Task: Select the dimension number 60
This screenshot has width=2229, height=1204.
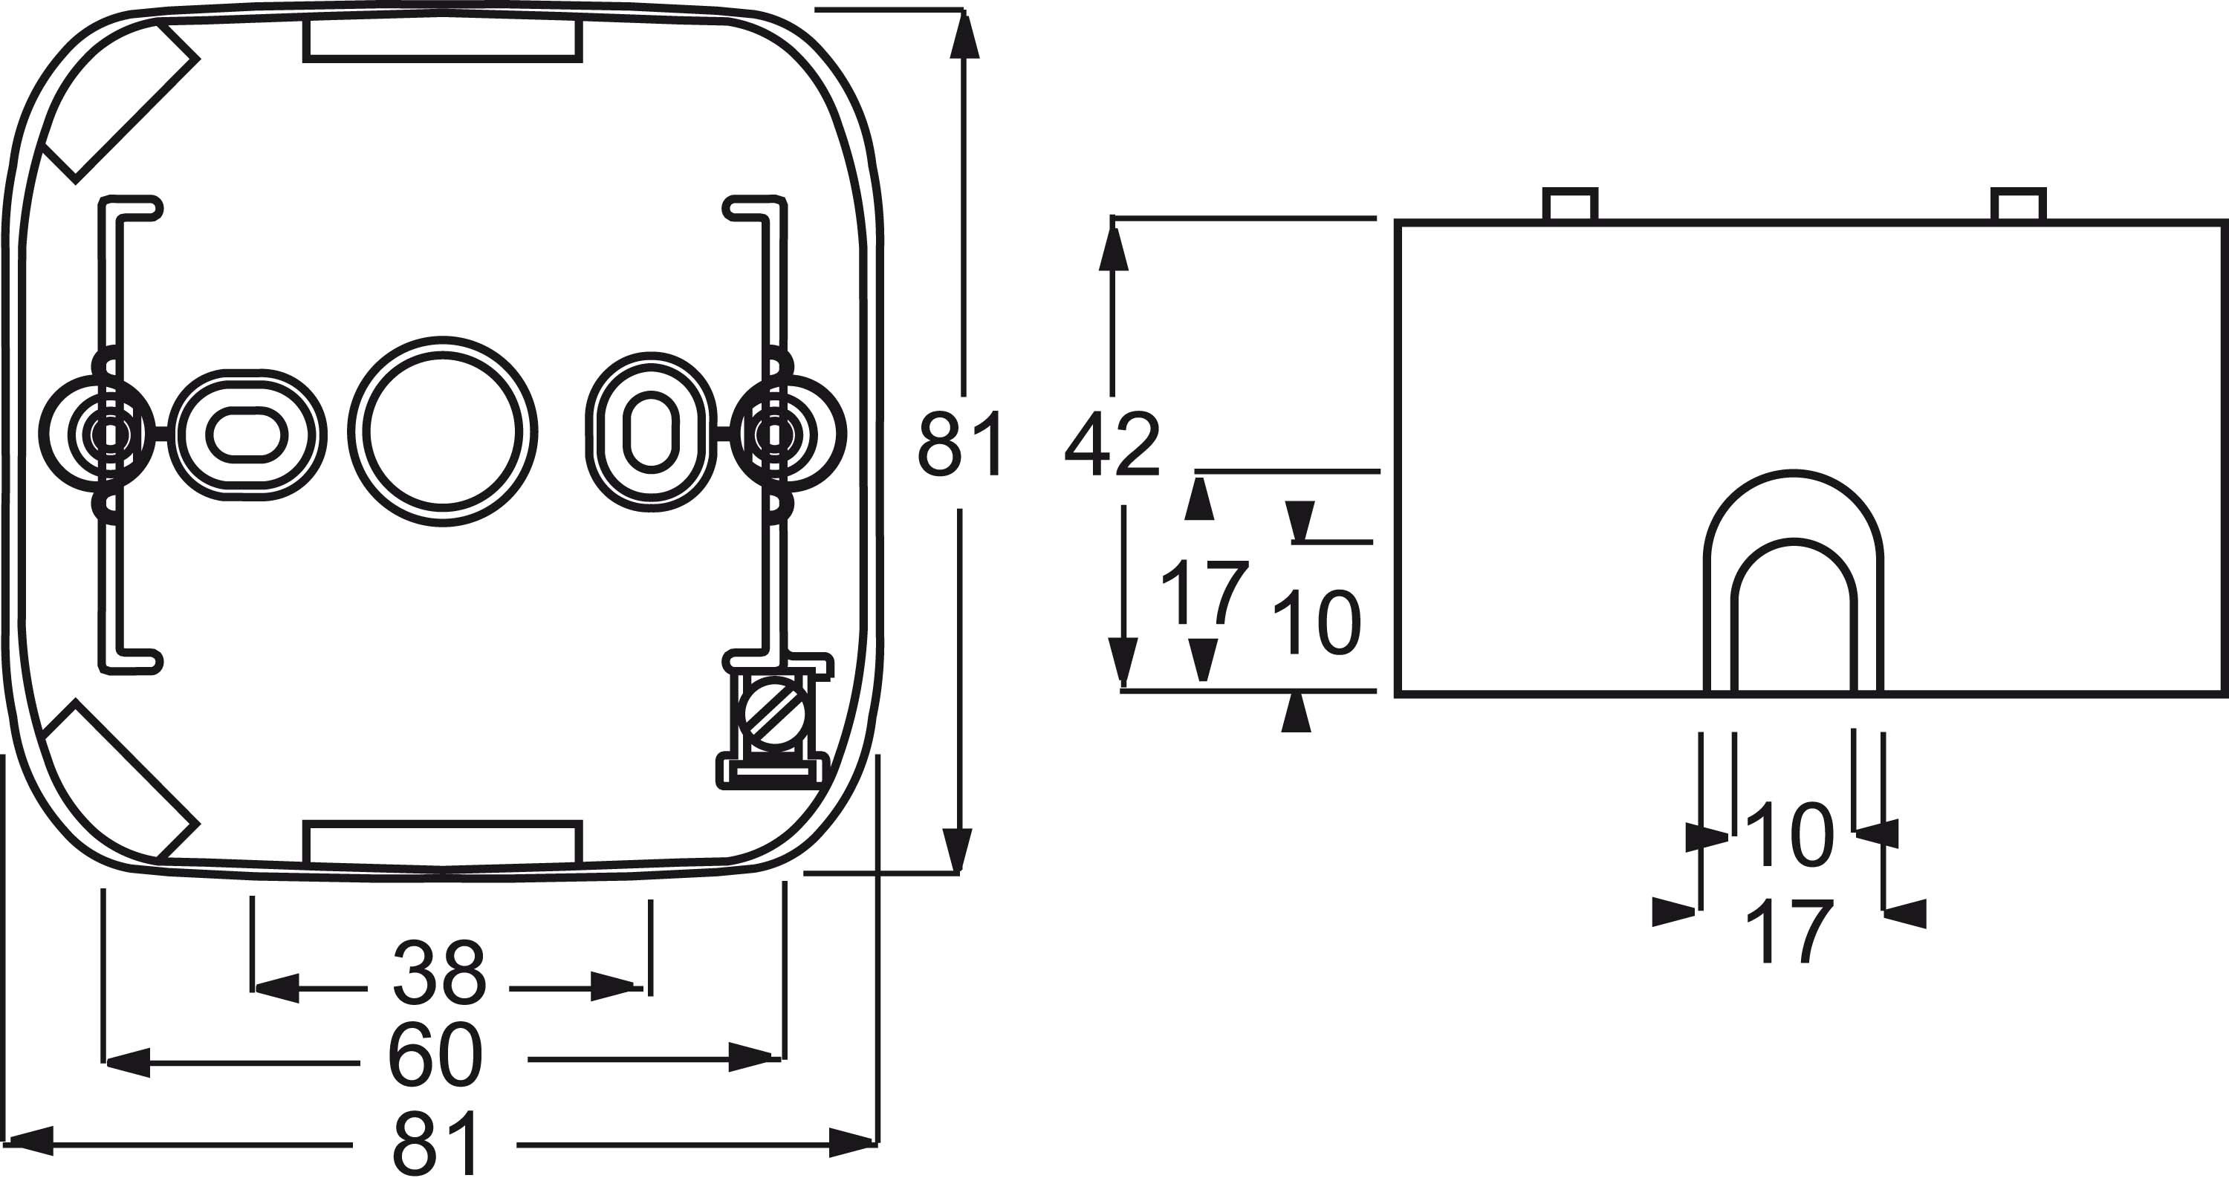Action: [435, 1056]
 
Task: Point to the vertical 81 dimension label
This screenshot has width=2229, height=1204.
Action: [961, 445]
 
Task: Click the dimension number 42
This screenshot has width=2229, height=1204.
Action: [1112, 446]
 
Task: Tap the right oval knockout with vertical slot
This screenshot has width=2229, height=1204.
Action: [651, 430]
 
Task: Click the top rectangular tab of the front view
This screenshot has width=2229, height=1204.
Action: [442, 39]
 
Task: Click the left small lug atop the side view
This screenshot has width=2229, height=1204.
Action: [1571, 205]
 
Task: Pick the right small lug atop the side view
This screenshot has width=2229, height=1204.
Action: [2019, 205]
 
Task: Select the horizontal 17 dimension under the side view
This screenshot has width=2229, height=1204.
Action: [1788, 931]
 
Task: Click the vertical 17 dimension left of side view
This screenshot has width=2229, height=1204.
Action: [1204, 592]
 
